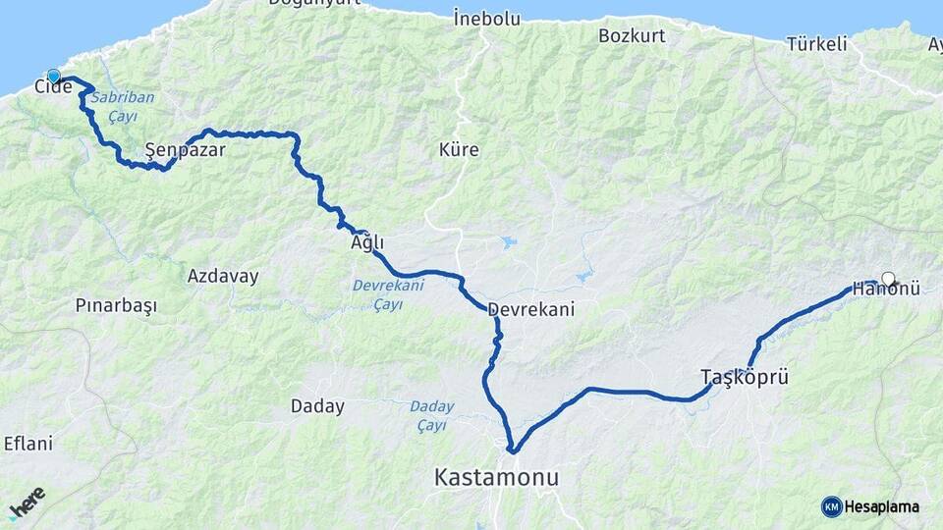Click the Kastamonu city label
496,478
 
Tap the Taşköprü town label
745,376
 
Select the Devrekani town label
530,308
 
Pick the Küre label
459,150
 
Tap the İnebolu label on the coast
485,17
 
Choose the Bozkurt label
632,35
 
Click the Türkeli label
816,43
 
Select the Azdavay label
223,276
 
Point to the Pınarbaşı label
116,305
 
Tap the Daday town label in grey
317,405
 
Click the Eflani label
28,444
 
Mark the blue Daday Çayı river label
431,415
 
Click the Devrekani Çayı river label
388,294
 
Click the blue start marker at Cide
53,76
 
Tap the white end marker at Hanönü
888,279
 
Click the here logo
28,503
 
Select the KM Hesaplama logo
870,506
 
